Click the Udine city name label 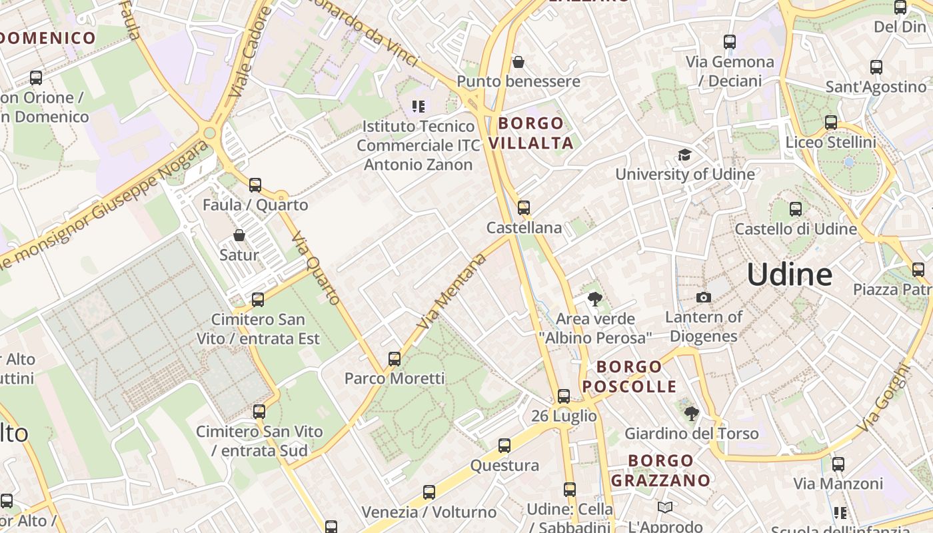[x=789, y=274]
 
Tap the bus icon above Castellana [x=524, y=208]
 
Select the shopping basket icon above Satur [x=239, y=235]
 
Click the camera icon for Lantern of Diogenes [x=703, y=297]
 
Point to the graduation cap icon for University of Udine [x=684, y=155]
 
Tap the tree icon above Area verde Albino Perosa [x=595, y=299]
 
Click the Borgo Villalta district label [x=531, y=133]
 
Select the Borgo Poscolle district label [x=629, y=376]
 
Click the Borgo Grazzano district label [x=660, y=470]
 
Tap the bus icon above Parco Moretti [x=395, y=359]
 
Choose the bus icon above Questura [x=504, y=446]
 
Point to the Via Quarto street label [x=317, y=268]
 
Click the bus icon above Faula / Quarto [x=255, y=185]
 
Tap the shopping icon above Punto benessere [x=518, y=62]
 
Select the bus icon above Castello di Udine [x=795, y=209]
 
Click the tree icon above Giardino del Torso [x=691, y=414]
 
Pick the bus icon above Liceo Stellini [x=830, y=123]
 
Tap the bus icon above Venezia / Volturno [x=429, y=492]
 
